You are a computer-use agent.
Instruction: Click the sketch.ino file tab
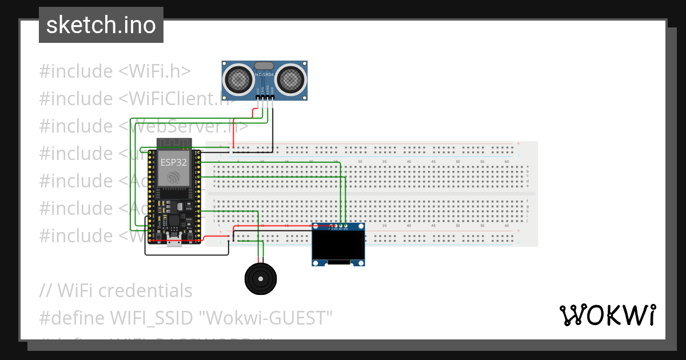click(101, 25)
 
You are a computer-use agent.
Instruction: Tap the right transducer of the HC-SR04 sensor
click(291, 79)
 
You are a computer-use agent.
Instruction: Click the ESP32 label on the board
click(173, 162)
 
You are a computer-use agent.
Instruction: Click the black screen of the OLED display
click(338, 245)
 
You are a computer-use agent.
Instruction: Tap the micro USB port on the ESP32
click(174, 242)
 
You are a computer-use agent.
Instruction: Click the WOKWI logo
click(607, 315)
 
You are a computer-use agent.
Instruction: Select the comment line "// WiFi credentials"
click(116, 290)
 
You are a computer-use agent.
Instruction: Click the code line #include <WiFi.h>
click(115, 71)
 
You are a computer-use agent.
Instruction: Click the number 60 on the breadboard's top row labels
click(506, 162)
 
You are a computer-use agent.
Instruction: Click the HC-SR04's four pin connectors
click(265, 98)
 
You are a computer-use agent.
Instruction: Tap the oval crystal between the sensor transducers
click(264, 66)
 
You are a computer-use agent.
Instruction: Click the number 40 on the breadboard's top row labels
click(409, 162)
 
